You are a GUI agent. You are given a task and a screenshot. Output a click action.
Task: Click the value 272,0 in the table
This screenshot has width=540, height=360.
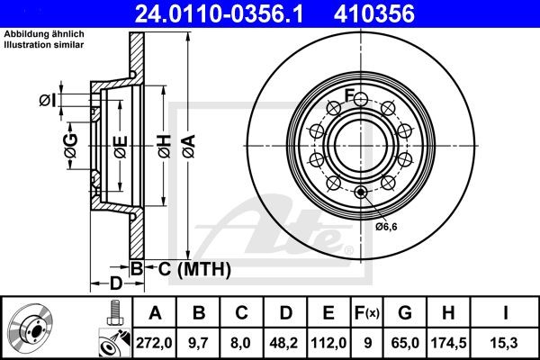click(154, 342)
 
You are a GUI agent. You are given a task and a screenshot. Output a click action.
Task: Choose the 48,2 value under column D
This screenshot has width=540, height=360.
click(286, 342)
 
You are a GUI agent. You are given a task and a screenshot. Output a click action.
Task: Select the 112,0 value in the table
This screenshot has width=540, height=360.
click(329, 342)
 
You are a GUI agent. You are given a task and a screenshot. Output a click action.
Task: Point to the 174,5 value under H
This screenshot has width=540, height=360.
click(450, 342)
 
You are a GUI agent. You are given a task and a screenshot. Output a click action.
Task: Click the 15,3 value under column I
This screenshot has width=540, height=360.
click(506, 342)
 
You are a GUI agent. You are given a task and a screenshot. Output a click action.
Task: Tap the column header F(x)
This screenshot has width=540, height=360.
click(368, 313)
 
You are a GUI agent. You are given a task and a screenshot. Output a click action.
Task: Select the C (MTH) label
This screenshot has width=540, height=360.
click(189, 268)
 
